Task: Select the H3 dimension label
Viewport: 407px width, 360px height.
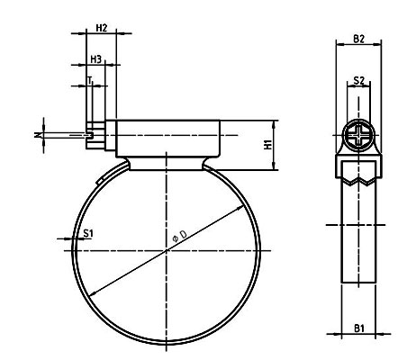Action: (95, 58)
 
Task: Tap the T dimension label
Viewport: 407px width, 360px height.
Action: (90, 81)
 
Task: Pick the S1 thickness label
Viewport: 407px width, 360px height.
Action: (88, 233)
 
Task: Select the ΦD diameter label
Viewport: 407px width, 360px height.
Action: (178, 236)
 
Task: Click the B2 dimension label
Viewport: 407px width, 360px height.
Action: (358, 39)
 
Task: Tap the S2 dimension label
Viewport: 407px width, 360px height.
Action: (358, 81)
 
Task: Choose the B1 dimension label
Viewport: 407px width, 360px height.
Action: (358, 329)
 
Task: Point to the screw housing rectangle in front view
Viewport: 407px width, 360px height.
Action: (167, 139)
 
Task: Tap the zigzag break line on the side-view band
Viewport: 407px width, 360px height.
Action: (358, 180)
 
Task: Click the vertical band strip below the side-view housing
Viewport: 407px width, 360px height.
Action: (358, 243)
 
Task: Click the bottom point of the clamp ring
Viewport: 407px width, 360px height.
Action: (167, 343)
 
